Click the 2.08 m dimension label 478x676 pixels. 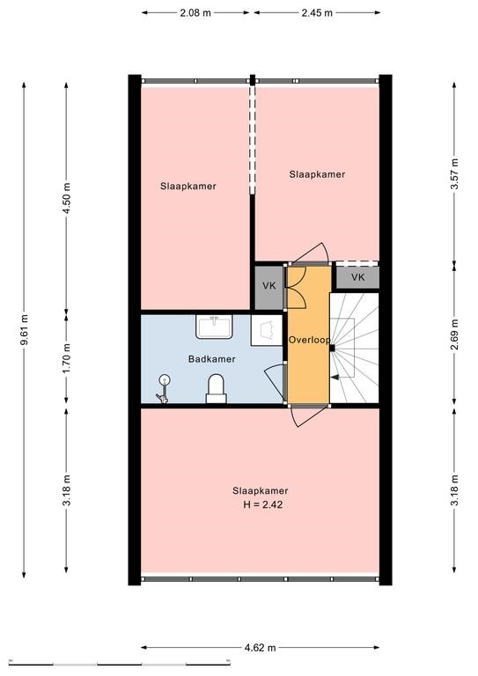pos(195,12)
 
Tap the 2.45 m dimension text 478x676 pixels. pos(317,12)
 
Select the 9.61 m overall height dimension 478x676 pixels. pos(24,329)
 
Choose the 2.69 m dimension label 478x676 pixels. pos(454,334)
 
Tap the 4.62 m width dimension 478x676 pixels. pos(260,648)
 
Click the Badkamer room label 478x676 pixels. pos(211,359)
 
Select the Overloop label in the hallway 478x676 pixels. pos(309,340)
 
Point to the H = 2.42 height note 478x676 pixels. pos(263,505)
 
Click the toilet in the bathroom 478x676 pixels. pos(216,388)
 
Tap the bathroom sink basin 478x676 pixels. pos(214,327)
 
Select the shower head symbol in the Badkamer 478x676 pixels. pos(164,389)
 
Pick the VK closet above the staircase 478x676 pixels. pos(357,277)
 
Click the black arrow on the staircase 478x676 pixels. pos(335,378)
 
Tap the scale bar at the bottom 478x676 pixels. pos(120,663)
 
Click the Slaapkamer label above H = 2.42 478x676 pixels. pos(261,490)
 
